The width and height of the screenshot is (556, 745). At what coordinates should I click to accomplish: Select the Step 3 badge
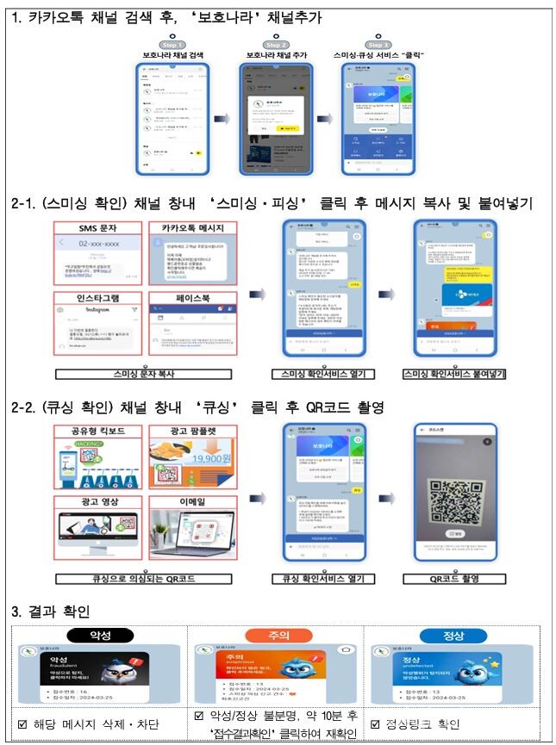click(x=378, y=44)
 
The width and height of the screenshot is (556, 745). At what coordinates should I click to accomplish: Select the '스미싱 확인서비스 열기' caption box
click(x=319, y=375)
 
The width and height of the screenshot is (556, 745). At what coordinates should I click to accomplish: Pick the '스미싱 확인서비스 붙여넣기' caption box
click(x=454, y=375)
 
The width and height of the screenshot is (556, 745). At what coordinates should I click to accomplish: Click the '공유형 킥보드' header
click(x=97, y=430)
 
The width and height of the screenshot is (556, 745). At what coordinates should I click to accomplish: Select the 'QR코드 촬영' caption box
click(x=454, y=579)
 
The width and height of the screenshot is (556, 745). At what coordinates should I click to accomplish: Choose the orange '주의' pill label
click(x=278, y=635)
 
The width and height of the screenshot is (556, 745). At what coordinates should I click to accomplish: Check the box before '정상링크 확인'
click(x=376, y=724)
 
